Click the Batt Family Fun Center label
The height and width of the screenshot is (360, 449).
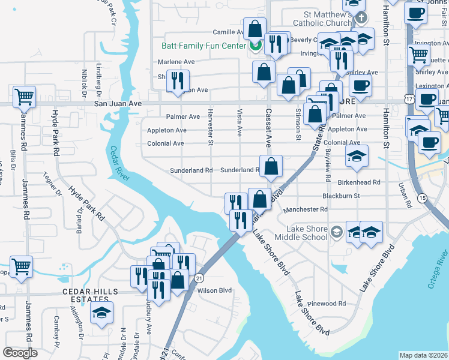[x=203, y=46]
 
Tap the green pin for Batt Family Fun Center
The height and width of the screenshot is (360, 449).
[x=255, y=45]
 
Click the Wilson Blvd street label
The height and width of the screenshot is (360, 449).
[x=215, y=290]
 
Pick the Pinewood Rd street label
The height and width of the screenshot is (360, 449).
[x=327, y=304]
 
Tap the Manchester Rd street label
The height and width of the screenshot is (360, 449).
[x=306, y=209]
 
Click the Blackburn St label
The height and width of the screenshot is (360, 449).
[x=341, y=196]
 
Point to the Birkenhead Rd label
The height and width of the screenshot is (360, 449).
[x=360, y=182]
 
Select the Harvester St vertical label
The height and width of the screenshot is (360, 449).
[x=210, y=127]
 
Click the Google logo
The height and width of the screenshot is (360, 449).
[x=20, y=353]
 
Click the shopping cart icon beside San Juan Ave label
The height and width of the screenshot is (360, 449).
[x=24, y=96]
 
